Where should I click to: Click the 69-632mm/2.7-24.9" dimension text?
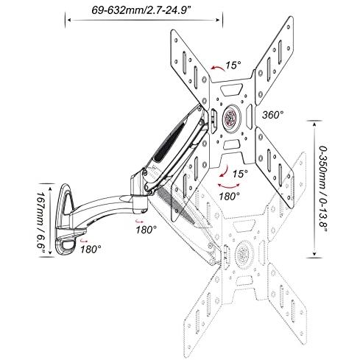141,10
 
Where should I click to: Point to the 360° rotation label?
272,115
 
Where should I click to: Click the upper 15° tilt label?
233,66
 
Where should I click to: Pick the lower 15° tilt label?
240,174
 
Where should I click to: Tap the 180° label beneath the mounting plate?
229,196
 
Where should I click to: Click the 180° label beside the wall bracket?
91,250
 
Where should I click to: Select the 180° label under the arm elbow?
146,230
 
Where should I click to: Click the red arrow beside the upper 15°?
218,68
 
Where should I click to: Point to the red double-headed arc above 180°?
229,186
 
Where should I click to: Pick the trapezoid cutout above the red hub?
231,90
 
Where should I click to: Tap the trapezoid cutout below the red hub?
231,144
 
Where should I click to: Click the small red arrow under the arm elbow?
138,221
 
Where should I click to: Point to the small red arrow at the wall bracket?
84,240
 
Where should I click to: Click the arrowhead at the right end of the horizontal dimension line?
218,20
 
